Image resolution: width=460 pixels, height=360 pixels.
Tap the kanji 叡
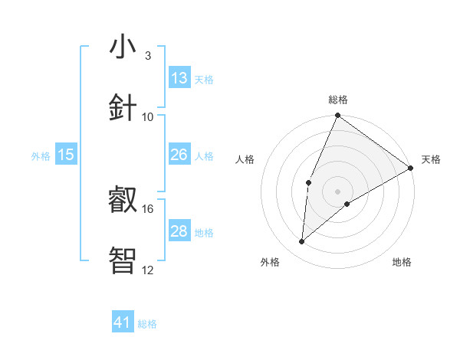pos(123,198)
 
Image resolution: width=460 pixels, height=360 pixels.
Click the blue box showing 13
pos(179,78)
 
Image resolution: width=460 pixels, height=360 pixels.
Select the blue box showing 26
pos(179,155)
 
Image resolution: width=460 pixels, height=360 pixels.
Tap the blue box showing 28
pos(179,231)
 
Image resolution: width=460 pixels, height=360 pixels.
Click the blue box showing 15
pos(66,155)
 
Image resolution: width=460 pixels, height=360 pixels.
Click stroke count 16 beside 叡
pos(148,208)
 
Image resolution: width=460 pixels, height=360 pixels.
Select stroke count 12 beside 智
pos(148,270)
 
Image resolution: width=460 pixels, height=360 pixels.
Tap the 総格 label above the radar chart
pos(338,100)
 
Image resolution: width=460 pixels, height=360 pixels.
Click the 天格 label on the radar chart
pos(432,159)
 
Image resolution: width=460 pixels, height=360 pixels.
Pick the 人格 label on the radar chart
pos(245,159)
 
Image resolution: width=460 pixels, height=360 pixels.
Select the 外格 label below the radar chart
pos(270,262)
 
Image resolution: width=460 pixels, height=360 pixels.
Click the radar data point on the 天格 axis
pos(411,168)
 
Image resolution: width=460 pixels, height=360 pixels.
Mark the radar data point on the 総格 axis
pos(338,116)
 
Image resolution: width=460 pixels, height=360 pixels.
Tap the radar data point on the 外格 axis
pos(302,242)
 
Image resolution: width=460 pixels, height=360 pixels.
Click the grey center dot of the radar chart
pos(338,191)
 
